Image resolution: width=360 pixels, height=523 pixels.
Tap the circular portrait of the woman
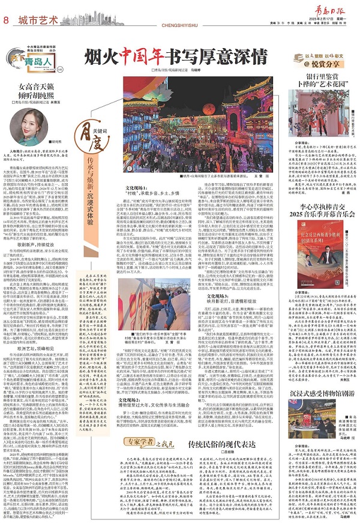click(40, 120)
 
